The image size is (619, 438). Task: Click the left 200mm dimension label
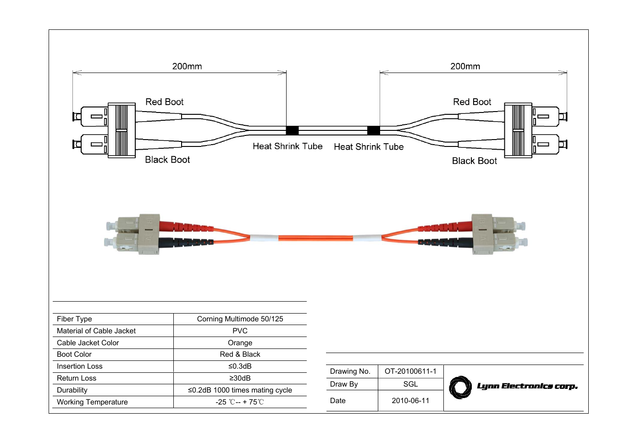187,66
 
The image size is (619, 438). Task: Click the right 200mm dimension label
465,66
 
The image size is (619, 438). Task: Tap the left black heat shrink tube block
292,130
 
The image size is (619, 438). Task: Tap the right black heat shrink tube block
373,130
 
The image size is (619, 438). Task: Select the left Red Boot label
164,102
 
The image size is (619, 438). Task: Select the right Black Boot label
474,161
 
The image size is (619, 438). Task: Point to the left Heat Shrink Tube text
287,146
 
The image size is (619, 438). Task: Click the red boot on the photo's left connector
183,226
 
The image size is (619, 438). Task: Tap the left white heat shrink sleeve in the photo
264,238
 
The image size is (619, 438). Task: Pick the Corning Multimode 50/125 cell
240,319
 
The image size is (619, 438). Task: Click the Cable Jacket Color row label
88,343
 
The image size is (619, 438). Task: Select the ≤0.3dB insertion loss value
240,366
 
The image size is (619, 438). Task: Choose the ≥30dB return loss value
240,378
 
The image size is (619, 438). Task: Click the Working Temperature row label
92,402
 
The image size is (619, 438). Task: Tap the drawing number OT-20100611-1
410,371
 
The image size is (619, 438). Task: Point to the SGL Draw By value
410,384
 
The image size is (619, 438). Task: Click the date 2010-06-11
410,401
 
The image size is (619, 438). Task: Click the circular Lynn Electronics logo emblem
460,387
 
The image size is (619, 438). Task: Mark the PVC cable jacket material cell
240,331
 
